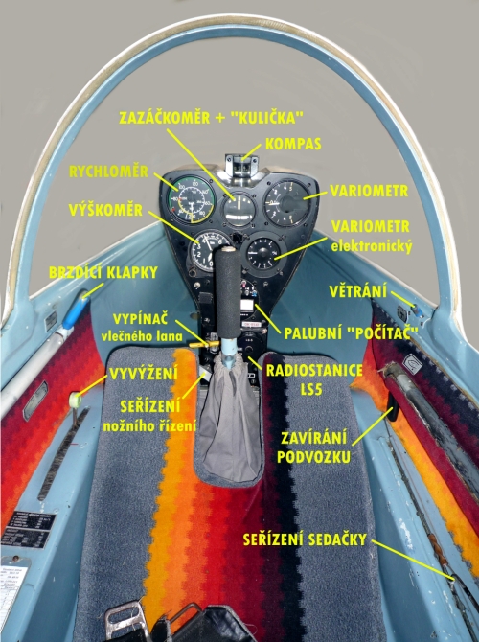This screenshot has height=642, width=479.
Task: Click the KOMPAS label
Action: point(293,144)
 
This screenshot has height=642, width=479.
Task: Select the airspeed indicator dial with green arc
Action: point(189,199)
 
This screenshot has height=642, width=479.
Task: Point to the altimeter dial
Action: point(210,251)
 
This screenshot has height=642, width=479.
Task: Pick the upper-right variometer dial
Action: point(286,202)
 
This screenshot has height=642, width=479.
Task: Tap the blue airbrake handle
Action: point(76,312)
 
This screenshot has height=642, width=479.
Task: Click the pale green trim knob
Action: point(75,400)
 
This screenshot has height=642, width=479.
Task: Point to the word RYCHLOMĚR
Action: point(108,172)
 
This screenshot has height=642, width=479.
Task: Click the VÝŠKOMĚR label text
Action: point(105,210)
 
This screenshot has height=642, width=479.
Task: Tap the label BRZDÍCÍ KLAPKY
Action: point(103,273)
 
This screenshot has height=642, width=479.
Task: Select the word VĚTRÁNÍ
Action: point(358,291)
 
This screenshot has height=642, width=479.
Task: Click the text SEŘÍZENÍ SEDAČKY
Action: point(305,539)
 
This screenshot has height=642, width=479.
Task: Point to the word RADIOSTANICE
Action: point(314,371)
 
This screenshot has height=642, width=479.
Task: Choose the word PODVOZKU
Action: point(313,457)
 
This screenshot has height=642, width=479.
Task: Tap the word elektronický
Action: point(372,246)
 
